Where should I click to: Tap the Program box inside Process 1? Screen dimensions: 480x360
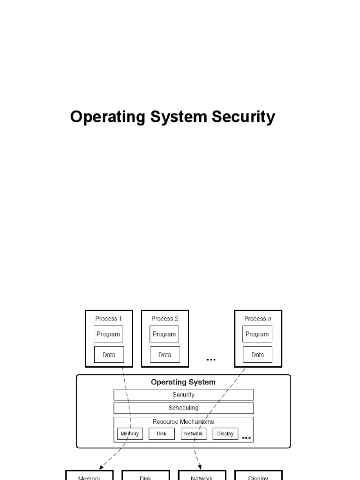pos(109,334)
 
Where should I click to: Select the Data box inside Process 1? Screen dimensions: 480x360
pos(109,355)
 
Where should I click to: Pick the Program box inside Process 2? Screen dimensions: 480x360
pos(165,334)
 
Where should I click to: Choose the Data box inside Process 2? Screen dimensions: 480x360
pos(165,355)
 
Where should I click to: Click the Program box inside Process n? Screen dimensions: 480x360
pos(257,334)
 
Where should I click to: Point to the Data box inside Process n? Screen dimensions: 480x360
pos(257,355)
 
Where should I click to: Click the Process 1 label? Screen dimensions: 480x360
pos(109,319)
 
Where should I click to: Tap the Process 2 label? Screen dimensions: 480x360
pos(165,319)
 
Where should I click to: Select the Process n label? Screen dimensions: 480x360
pos(257,319)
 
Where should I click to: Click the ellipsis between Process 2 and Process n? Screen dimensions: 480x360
pos(211,360)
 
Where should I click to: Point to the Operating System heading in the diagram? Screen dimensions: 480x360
pos(183,382)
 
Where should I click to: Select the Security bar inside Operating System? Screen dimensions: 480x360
pos(183,395)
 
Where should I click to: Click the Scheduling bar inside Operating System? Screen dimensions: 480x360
pos(183,408)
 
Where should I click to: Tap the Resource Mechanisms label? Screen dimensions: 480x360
pos(183,421)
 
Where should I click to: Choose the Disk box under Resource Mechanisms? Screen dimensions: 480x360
pos(162,434)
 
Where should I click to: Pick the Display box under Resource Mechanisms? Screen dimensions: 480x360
pos(225,434)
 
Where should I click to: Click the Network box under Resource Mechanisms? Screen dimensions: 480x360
pos(194,434)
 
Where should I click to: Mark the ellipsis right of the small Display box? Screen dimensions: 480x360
pos(247,438)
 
